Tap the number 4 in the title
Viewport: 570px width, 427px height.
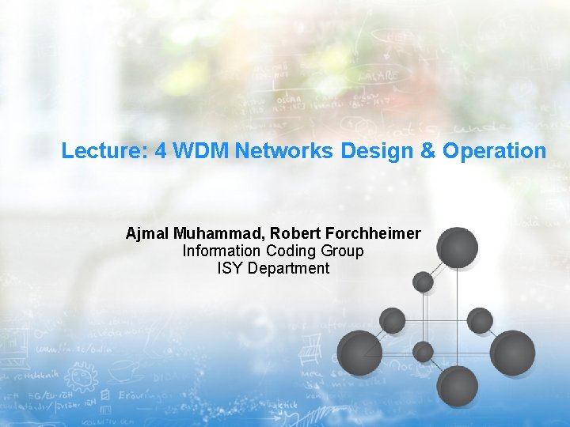[x=161, y=151]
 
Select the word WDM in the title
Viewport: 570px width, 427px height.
[x=200, y=151]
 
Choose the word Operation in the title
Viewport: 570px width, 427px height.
[x=495, y=151]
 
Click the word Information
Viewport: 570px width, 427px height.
[x=221, y=251]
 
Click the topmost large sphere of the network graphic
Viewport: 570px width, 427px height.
[x=458, y=246]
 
